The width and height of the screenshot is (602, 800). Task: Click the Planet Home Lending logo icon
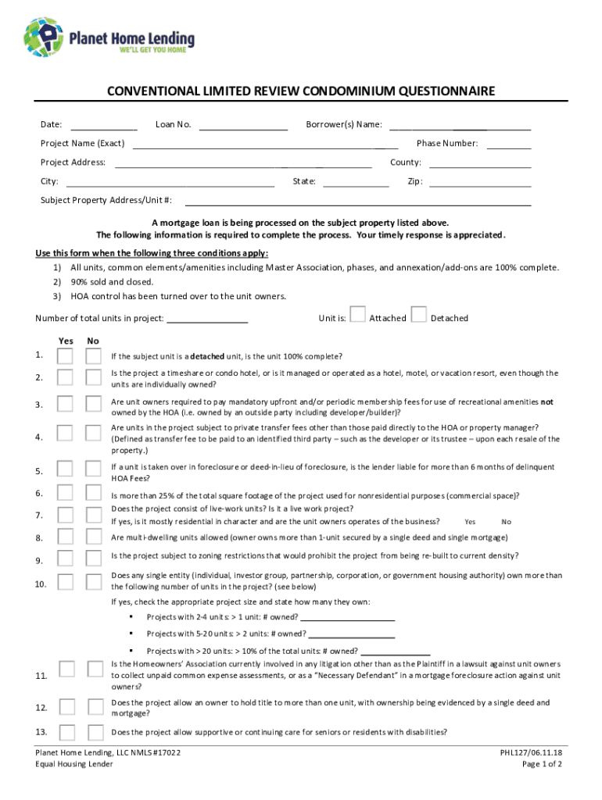44,36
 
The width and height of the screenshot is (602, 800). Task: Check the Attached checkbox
357,314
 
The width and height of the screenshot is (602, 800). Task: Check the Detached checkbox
419,314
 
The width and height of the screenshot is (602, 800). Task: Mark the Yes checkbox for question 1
66,356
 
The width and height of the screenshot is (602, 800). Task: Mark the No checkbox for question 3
94,404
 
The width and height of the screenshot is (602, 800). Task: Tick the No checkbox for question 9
94,558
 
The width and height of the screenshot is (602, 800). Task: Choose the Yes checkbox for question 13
67,732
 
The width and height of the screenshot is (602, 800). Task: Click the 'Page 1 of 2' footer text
542,764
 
